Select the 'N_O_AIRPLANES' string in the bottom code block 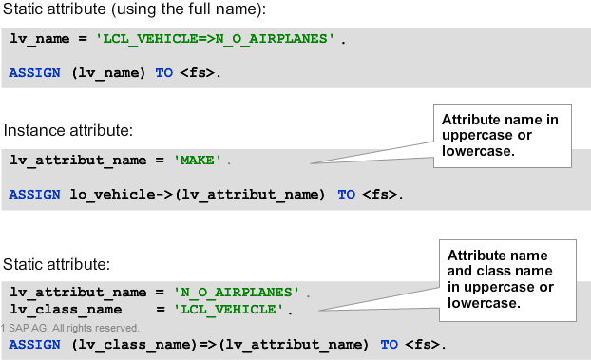click(x=237, y=291)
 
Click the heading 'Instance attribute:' click(x=66, y=129)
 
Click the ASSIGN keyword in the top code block click(x=35, y=72)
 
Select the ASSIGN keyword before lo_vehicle click(x=35, y=194)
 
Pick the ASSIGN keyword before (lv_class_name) click(x=35, y=343)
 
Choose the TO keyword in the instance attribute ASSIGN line click(x=346, y=194)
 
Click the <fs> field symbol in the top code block click(x=199, y=72)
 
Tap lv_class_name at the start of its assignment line click(x=58, y=309)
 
